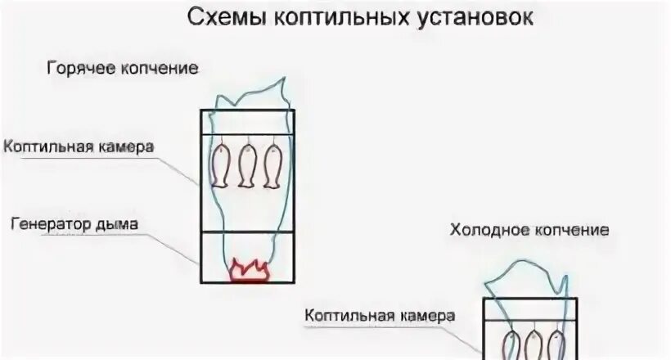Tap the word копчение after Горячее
point(160,67)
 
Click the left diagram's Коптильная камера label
point(79,146)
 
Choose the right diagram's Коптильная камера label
point(379,315)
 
